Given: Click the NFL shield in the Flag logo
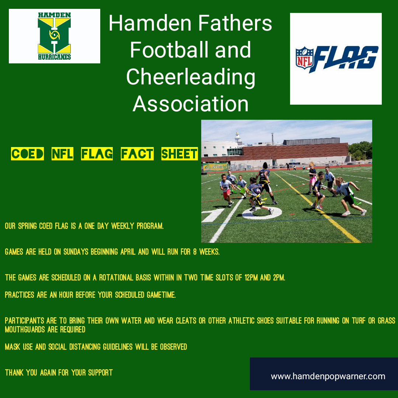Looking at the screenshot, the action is [x=304, y=58].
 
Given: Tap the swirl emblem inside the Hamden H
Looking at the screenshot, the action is [x=54, y=35].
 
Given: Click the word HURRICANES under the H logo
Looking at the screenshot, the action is [x=54, y=57].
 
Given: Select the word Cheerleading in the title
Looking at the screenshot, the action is [x=191, y=77].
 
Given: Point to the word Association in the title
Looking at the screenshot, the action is [x=191, y=104].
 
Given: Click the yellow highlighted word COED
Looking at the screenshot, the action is [x=27, y=154].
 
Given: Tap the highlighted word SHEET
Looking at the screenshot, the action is [x=179, y=154].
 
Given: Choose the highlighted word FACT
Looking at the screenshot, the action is [x=137, y=154].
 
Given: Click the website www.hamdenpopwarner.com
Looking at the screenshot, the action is [x=328, y=376].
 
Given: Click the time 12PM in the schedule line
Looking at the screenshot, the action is [x=251, y=278].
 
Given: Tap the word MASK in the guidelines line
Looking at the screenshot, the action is [x=13, y=347].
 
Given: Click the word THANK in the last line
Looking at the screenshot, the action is [x=14, y=373].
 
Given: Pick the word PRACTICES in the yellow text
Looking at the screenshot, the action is [x=20, y=295].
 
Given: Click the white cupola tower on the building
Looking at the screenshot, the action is [x=238, y=137].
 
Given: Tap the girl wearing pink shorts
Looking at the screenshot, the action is [x=312, y=178].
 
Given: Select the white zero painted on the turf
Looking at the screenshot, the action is [x=262, y=213].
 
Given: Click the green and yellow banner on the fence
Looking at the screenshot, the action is [x=216, y=167].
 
